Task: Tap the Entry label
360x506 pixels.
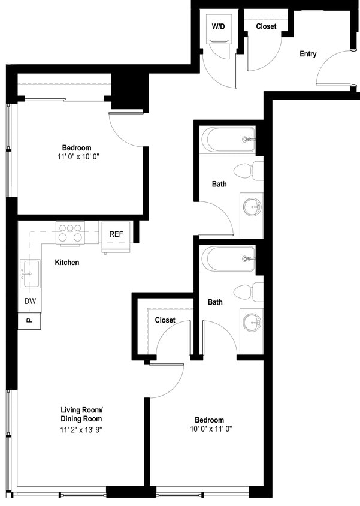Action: pyautogui.click(x=308, y=54)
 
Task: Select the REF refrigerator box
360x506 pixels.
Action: pyautogui.click(x=116, y=234)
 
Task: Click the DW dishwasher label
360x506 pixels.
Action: pyautogui.click(x=30, y=301)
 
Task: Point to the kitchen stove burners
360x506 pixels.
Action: pyautogui.click(x=69, y=233)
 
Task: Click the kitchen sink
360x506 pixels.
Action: pyautogui.click(x=29, y=271)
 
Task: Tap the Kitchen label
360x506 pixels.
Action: pyautogui.click(x=67, y=263)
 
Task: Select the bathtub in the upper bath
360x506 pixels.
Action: pyautogui.click(x=228, y=139)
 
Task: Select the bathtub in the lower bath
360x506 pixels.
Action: pyautogui.click(x=228, y=259)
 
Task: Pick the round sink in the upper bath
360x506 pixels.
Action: pyautogui.click(x=252, y=207)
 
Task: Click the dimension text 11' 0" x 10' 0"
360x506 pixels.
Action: pyautogui.click(x=76, y=157)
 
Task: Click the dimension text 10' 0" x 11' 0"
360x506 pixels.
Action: pyautogui.click(x=210, y=429)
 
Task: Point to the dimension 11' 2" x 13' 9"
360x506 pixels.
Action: pyautogui.click(x=81, y=430)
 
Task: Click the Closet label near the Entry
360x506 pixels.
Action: pyautogui.click(x=266, y=26)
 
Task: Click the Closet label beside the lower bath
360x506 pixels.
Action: pyautogui.click(x=165, y=320)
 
